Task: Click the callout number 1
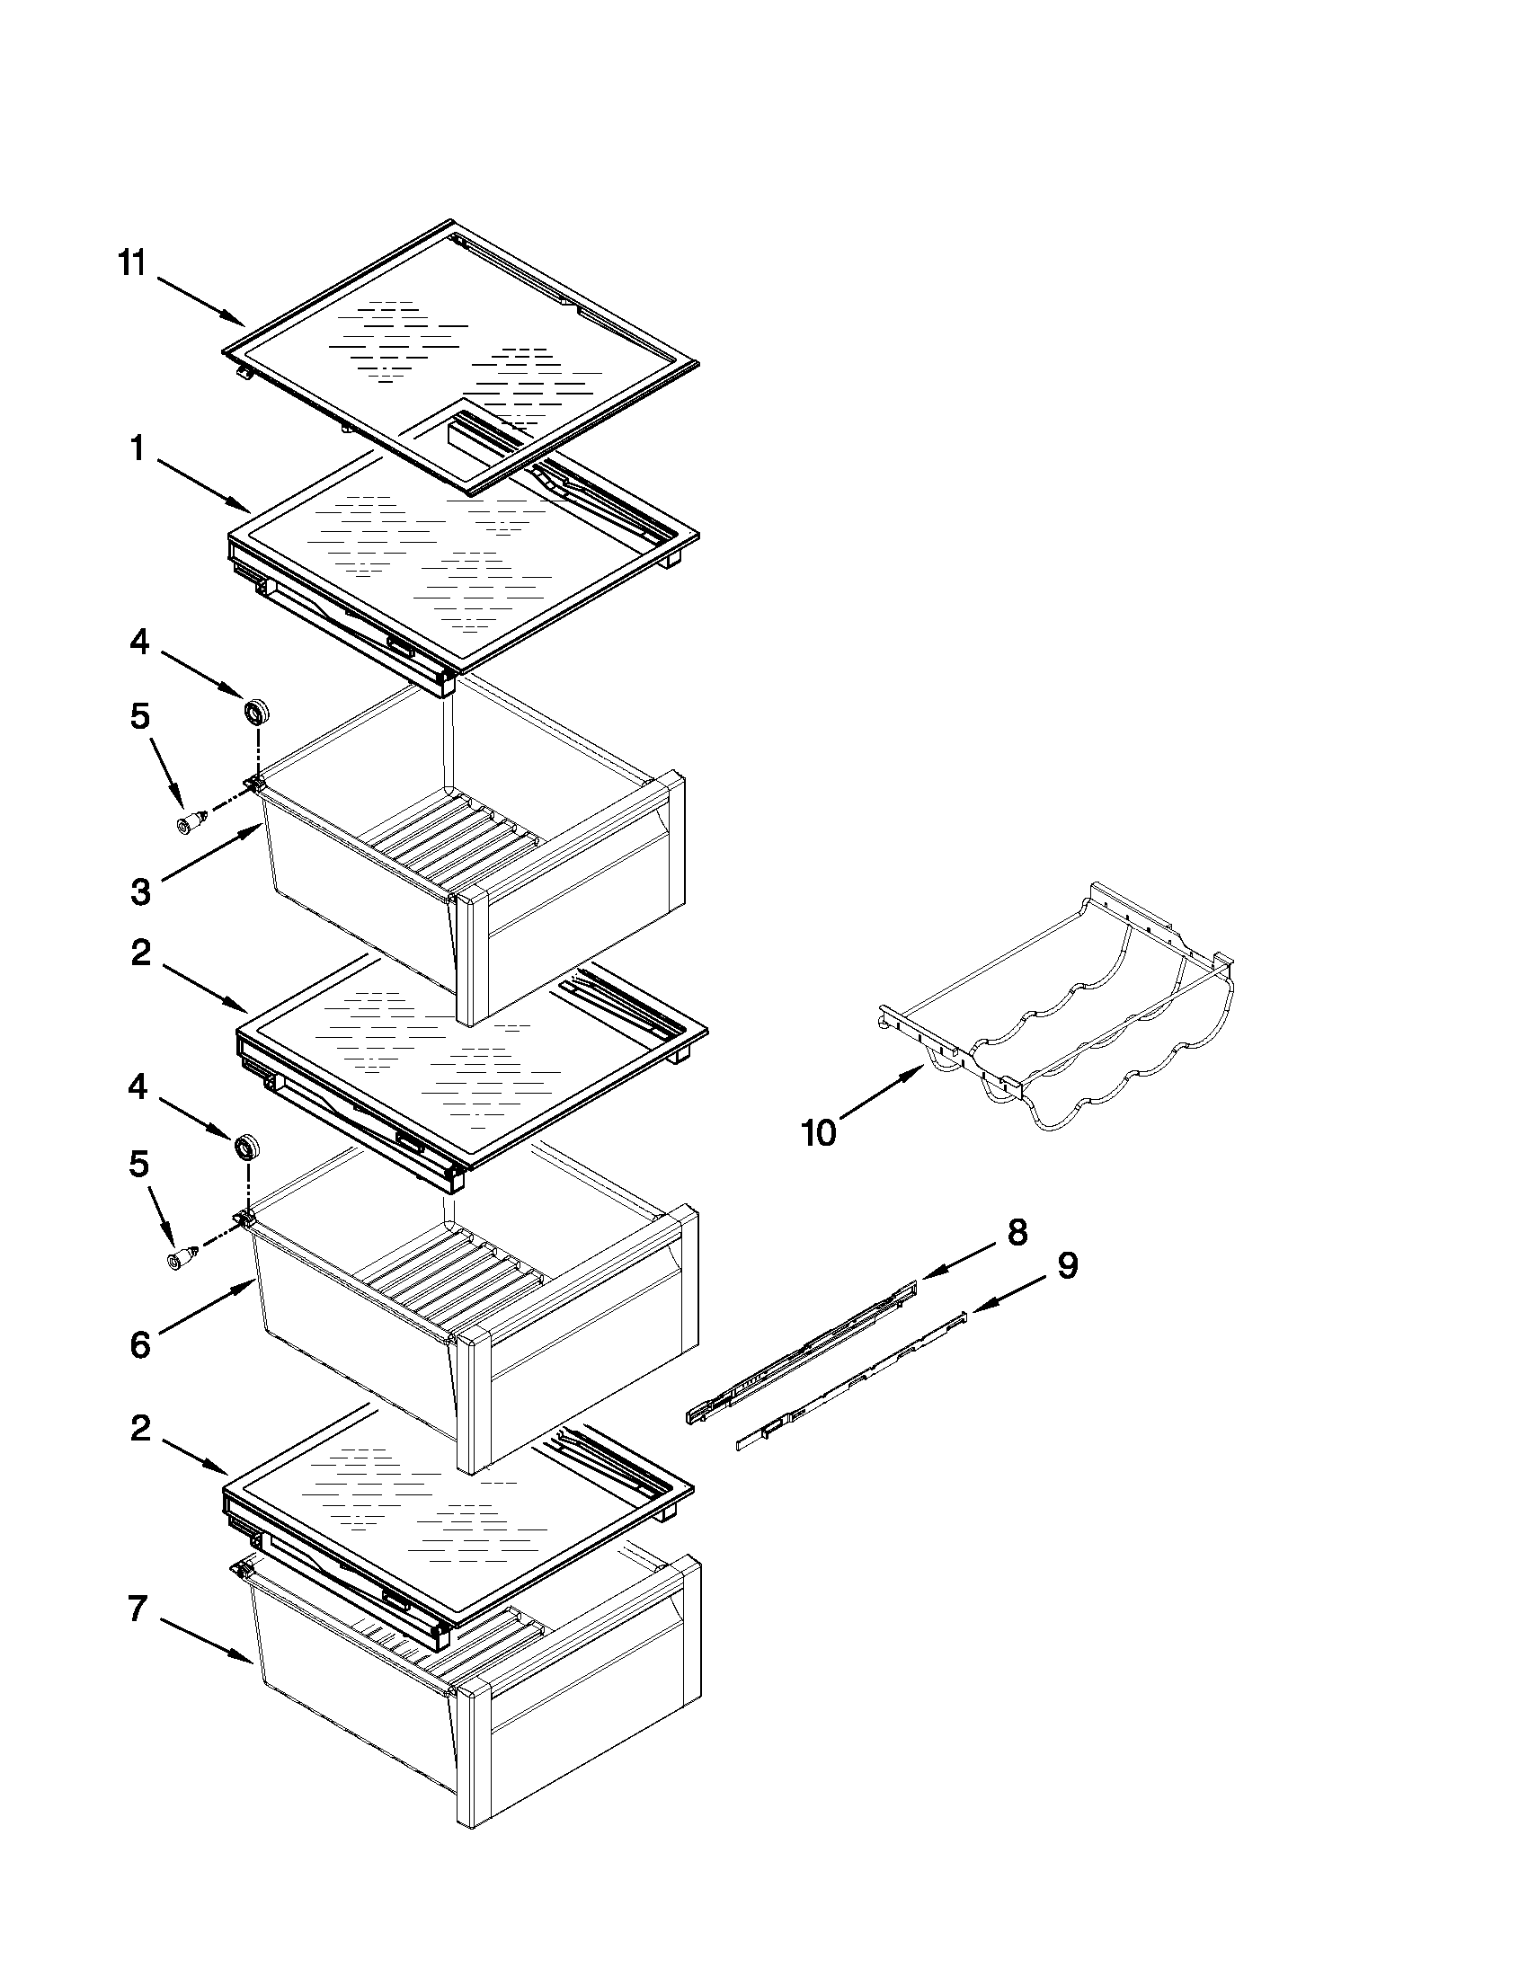[138, 448]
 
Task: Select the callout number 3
[140, 891]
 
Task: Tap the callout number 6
[140, 1344]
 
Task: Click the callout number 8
[1017, 1232]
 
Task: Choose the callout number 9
[1067, 1265]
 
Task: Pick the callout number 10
[819, 1132]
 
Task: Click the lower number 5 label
[138, 1165]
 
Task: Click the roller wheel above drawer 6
[246, 1148]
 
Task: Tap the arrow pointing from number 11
[201, 301]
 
